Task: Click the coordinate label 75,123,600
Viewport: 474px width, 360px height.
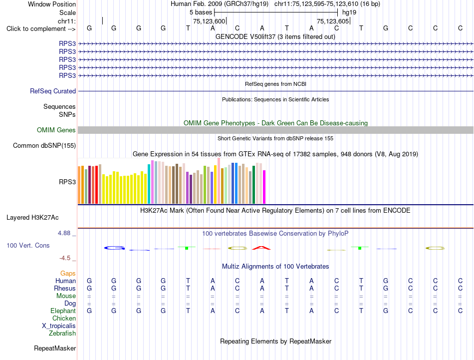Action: pos(209,21)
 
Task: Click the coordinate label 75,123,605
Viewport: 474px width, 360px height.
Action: pos(333,21)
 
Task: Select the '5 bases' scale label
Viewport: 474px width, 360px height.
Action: pos(201,12)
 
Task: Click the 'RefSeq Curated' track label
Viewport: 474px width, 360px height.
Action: pos(53,91)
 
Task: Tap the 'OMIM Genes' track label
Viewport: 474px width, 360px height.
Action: pos(56,130)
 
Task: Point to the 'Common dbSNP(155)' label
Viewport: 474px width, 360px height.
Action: pos(44,145)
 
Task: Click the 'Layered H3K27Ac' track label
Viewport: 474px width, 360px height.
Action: pos(32,218)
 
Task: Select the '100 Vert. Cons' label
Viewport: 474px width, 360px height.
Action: pos(28,245)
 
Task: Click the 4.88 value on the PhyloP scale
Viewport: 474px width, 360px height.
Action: pos(64,233)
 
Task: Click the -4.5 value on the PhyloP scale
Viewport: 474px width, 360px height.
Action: pos(65,258)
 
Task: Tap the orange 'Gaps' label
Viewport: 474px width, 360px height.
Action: pos(68,274)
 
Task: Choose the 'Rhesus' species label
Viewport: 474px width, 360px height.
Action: pos(65,288)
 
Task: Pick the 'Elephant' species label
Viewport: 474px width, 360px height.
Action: pos(63,311)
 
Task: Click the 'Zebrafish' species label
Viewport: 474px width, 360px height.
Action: pos(62,334)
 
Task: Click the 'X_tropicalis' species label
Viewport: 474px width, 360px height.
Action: pos(59,326)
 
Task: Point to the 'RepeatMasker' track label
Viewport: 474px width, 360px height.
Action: pos(55,349)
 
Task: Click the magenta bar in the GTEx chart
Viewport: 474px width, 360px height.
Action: pos(264,187)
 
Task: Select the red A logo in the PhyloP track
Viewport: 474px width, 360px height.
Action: pos(261,248)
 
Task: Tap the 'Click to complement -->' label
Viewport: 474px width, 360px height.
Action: pos(41,29)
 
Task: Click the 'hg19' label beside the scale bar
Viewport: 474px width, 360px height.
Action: pos(349,12)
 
